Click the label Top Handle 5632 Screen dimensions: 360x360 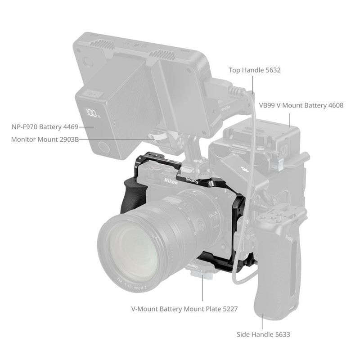click(254, 70)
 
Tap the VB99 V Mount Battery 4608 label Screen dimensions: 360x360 click(301, 105)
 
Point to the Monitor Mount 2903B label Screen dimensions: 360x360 click(45, 139)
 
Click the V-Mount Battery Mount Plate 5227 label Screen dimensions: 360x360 click(184, 309)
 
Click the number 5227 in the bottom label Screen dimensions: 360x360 click(228, 309)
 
